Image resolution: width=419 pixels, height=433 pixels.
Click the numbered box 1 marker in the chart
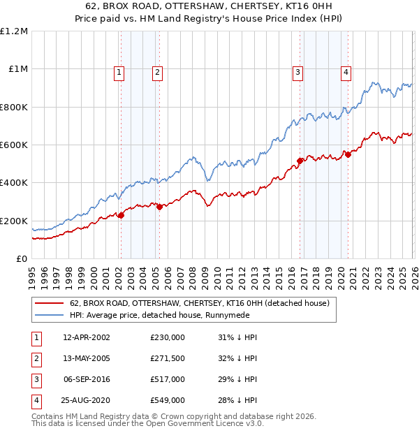pos(119,71)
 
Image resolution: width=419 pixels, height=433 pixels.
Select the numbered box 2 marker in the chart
pos(158,71)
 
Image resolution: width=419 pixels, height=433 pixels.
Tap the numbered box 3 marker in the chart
pos(297,71)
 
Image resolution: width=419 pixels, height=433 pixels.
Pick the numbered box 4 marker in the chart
pos(346,71)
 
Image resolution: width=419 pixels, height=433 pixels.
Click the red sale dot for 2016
pos(300,161)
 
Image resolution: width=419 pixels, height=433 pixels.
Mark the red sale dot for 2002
pos(121,215)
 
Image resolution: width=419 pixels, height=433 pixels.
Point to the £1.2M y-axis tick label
pos(14,31)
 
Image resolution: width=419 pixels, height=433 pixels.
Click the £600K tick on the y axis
pos(14,145)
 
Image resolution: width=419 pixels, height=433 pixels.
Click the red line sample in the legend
pos(49,304)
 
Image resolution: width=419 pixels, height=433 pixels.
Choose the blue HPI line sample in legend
pos(49,315)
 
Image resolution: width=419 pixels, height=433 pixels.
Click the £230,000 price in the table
pos(168,337)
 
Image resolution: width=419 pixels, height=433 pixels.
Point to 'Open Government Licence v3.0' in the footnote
pos(205,423)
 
